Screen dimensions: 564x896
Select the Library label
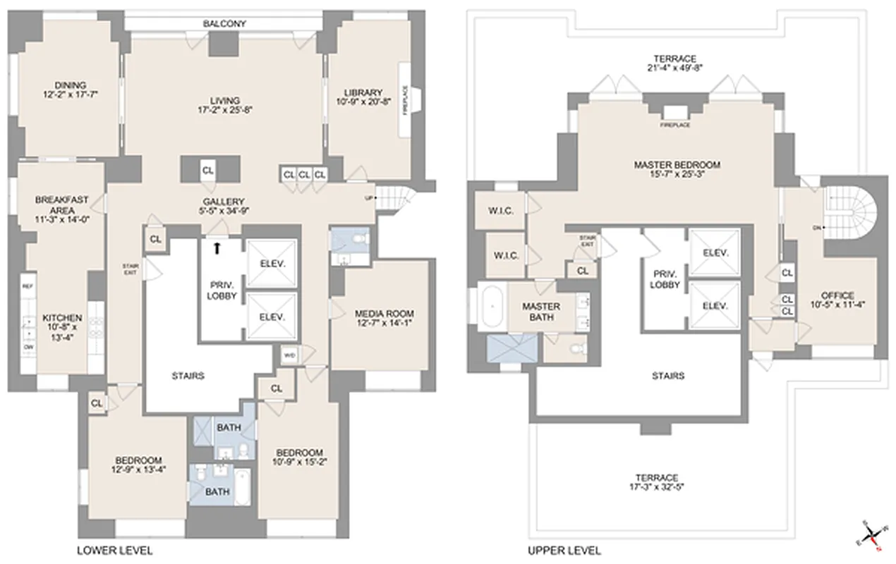[x=363, y=93]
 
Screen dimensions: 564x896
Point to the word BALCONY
[x=224, y=24]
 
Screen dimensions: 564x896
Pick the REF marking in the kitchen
[x=28, y=286]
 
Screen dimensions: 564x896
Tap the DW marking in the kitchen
[x=28, y=347]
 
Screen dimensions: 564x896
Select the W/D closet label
[x=289, y=355]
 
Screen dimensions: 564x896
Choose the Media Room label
[x=384, y=314]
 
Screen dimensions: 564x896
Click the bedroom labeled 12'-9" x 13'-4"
[x=138, y=465]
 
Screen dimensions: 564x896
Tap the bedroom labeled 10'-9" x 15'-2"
[x=299, y=458]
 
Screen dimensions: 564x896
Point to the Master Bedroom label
[x=677, y=165]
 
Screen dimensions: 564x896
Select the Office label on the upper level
[x=837, y=295]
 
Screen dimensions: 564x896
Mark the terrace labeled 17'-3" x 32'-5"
[x=655, y=482]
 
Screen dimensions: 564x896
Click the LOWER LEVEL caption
[x=114, y=550]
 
